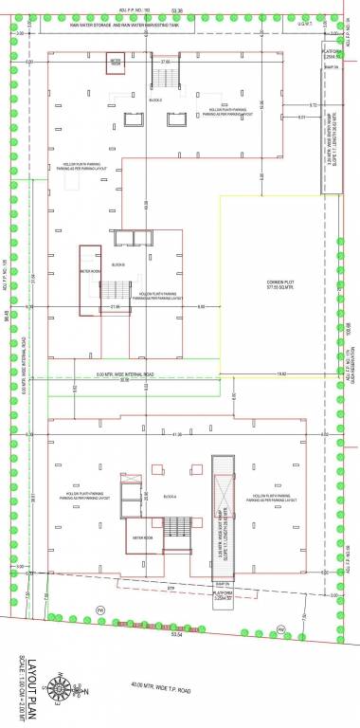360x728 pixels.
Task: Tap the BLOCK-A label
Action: coord(171,496)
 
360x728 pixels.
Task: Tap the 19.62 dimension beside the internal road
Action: coord(281,375)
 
